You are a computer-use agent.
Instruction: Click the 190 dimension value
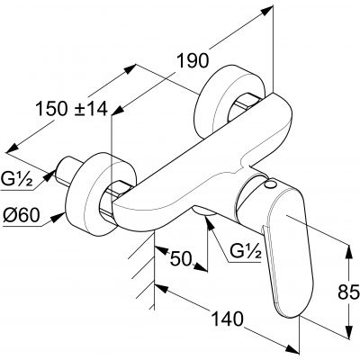coord(193,61)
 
